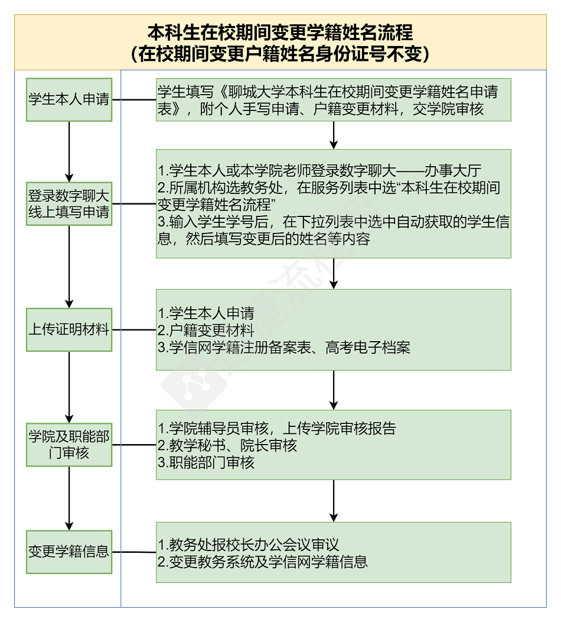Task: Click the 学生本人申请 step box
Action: pyautogui.click(x=69, y=99)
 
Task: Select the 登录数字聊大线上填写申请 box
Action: pyautogui.click(x=69, y=204)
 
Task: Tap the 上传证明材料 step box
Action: pyautogui.click(x=69, y=330)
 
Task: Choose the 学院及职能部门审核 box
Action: pyautogui.click(x=69, y=445)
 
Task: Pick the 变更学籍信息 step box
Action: pyautogui.click(x=69, y=552)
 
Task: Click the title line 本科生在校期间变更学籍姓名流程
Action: pyautogui.click(x=280, y=32)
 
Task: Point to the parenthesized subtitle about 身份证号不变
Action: pyautogui.click(x=280, y=54)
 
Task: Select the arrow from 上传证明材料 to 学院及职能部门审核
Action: pyautogui.click(x=69, y=387)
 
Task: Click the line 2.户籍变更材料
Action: pyautogui.click(x=206, y=330)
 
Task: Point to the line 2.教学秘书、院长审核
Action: pyautogui.click(x=227, y=445)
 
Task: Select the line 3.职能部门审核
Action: pyautogui.click(x=206, y=462)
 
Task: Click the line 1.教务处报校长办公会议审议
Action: pyautogui.click(x=249, y=544)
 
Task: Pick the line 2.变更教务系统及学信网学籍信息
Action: pyautogui.click(x=263, y=561)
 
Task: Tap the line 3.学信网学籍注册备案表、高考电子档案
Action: pyautogui.click(x=284, y=347)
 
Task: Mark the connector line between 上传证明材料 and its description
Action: pyautogui.click(x=134, y=330)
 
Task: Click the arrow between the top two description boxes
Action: pyautogui.click(x=334, y=135)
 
